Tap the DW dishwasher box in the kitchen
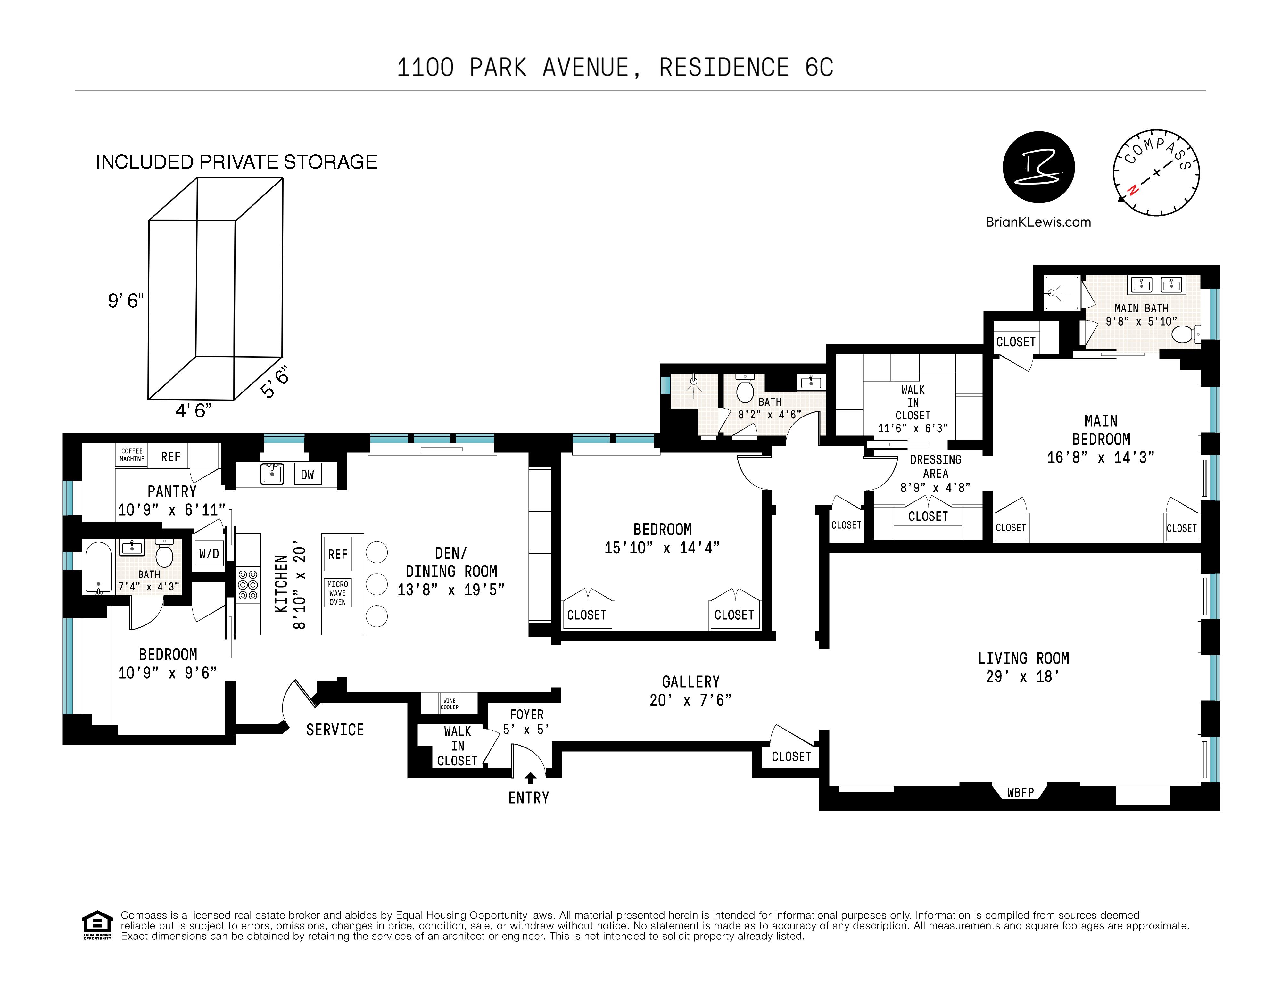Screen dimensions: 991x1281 click(307, 475)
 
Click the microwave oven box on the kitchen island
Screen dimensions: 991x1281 click(337, 593)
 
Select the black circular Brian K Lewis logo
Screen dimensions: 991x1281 click(1039, 167)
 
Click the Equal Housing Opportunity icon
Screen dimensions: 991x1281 click(97, 925)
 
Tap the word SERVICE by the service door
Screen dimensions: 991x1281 click(335, 730)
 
